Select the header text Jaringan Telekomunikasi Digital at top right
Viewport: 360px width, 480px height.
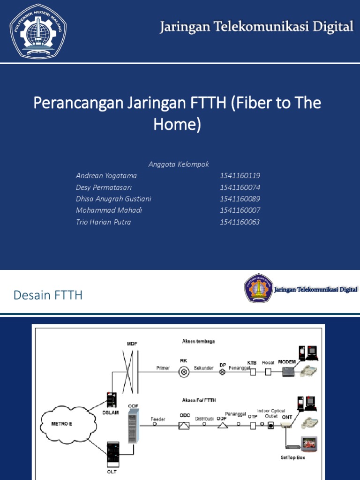click(256, 27)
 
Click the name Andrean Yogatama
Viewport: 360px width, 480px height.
click(106, 176)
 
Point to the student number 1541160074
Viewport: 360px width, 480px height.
click(240, 187)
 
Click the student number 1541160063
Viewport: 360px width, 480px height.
click(240, 222)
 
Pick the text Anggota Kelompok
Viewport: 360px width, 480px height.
click(179, 164)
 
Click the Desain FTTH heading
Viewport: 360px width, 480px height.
click(48, 295)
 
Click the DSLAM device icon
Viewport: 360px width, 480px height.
click(112, 399)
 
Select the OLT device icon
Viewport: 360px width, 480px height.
click(113, 452)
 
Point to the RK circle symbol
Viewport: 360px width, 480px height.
click(184, 372)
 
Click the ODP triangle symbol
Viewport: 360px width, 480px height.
click(223, 425)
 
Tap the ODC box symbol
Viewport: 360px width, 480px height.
click(184, 425)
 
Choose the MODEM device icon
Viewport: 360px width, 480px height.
click(288, 371)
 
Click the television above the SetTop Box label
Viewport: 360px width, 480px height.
click(308, 443)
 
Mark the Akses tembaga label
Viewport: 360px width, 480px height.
click(198, 342)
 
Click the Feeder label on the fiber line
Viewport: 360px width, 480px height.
click(157, 419)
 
